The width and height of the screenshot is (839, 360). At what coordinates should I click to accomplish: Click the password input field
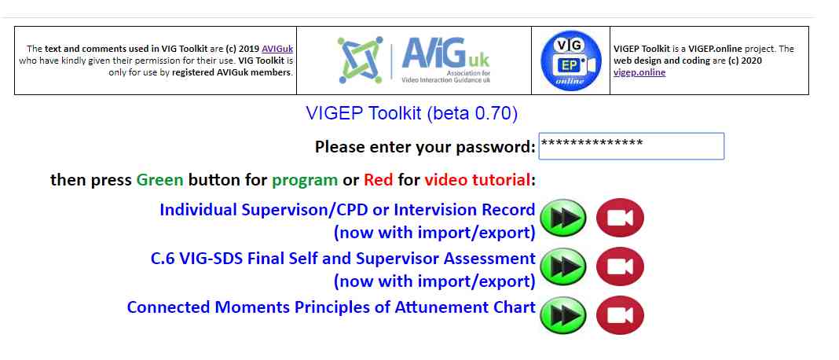[x=632, y=146]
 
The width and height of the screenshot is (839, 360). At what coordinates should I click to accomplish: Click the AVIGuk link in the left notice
[x=277, y=49]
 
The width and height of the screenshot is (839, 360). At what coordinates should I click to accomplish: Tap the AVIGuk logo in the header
[x=414, y=60]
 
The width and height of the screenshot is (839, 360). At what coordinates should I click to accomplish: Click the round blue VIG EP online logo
[x=571, y=61]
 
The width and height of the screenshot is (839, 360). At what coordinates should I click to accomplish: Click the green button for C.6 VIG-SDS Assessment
[x=563, y=266]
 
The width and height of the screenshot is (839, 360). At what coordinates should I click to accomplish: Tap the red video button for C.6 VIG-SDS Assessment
[x=620, y=266]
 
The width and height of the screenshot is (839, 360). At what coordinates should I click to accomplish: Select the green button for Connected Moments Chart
[x=563, y=315]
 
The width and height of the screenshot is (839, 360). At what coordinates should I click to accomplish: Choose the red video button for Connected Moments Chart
[x=620, y=315]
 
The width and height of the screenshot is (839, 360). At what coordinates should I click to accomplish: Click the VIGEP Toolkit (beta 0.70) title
[x=412, y=113]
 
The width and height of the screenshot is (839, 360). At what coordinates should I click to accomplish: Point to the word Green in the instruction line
[x=159, y=180]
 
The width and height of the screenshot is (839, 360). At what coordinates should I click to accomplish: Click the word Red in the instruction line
[x=379, y=180]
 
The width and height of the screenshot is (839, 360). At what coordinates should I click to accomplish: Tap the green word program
[x=305, y=181]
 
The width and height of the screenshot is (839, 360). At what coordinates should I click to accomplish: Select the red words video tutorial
[x=478, y=180]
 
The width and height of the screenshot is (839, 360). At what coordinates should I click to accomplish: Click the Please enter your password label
[x=425, y=147]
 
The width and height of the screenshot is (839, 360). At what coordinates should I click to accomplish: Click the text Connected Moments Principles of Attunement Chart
[x=332, y=307]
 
